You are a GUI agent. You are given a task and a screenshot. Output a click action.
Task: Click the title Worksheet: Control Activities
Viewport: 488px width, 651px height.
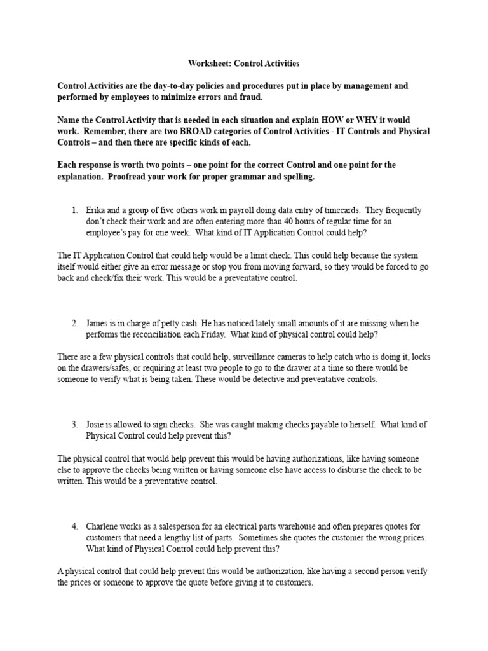click(x=243, y=64)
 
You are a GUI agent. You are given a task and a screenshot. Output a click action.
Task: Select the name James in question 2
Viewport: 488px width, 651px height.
click(x=99, y=323)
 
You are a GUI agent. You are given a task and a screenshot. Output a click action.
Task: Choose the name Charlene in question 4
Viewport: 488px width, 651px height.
click(x=104, y=526)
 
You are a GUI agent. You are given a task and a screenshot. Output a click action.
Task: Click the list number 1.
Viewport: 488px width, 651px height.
click(x=74, y=210)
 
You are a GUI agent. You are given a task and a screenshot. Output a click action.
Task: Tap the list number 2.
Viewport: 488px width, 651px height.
click(x=74, y=323)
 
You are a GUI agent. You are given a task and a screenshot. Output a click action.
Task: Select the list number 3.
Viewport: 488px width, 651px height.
click(x=74, y=424)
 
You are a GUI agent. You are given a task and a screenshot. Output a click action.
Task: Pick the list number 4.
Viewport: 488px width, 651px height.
click(x=74, y=526)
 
